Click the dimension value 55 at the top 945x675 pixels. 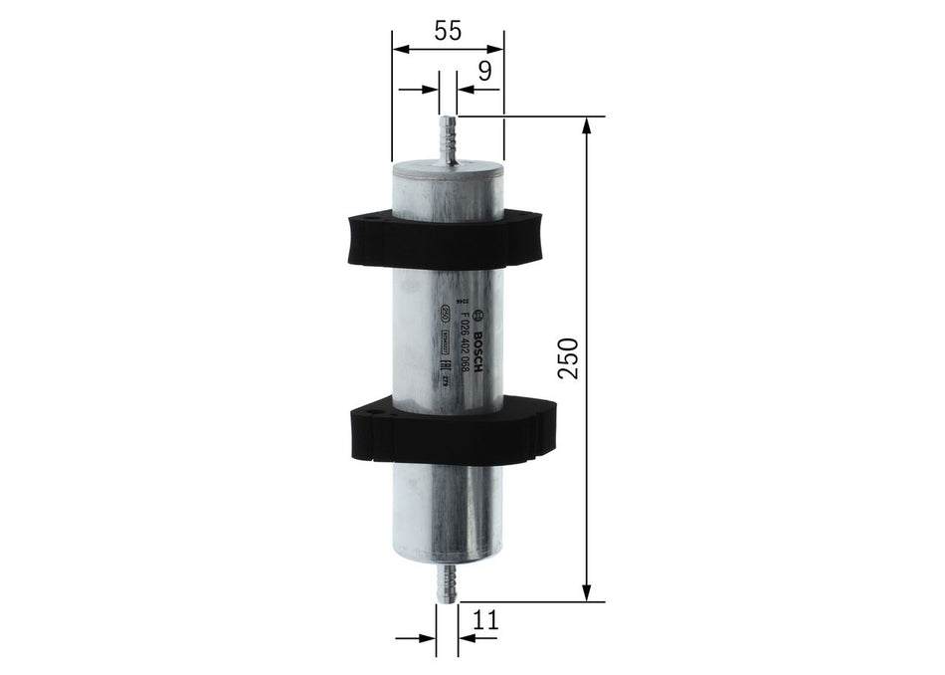click(448, 31)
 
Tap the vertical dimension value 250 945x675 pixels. click(567, 357)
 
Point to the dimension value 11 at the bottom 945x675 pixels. click(484, 619)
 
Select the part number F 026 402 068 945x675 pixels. click(462, 344)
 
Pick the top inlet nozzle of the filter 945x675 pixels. click(448, 136)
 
